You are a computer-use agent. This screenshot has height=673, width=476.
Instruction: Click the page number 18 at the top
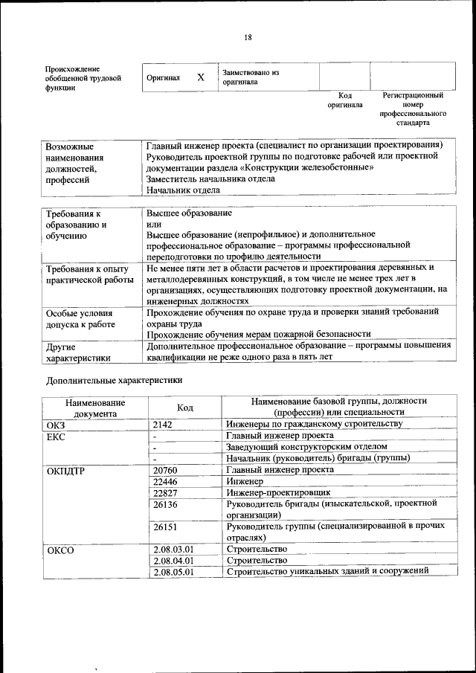click(248, 38)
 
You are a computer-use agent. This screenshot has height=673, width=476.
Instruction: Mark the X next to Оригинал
click(200, 77)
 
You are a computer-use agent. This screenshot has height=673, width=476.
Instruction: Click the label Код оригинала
click(344, 100)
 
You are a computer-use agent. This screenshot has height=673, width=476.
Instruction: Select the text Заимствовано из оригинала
click(250, 77)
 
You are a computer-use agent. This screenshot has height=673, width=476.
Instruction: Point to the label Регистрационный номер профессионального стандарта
click(413, 109)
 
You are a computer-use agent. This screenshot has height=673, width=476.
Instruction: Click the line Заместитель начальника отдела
click(210, 178)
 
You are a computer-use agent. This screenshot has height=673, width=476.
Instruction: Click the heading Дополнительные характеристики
click(114, 380)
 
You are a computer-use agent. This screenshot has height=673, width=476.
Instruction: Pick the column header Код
click(184, 408)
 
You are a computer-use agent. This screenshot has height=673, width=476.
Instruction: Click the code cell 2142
click(162, 424)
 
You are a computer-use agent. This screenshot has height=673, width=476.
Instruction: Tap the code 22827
click(165, 492)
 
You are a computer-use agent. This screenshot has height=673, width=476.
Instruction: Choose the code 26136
click(165, 504)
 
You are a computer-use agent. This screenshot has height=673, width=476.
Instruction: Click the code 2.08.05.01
click(173, 572)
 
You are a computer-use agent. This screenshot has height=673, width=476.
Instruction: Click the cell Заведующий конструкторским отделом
click(306, 447)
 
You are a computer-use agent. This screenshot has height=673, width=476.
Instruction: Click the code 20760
click(165, 470)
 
